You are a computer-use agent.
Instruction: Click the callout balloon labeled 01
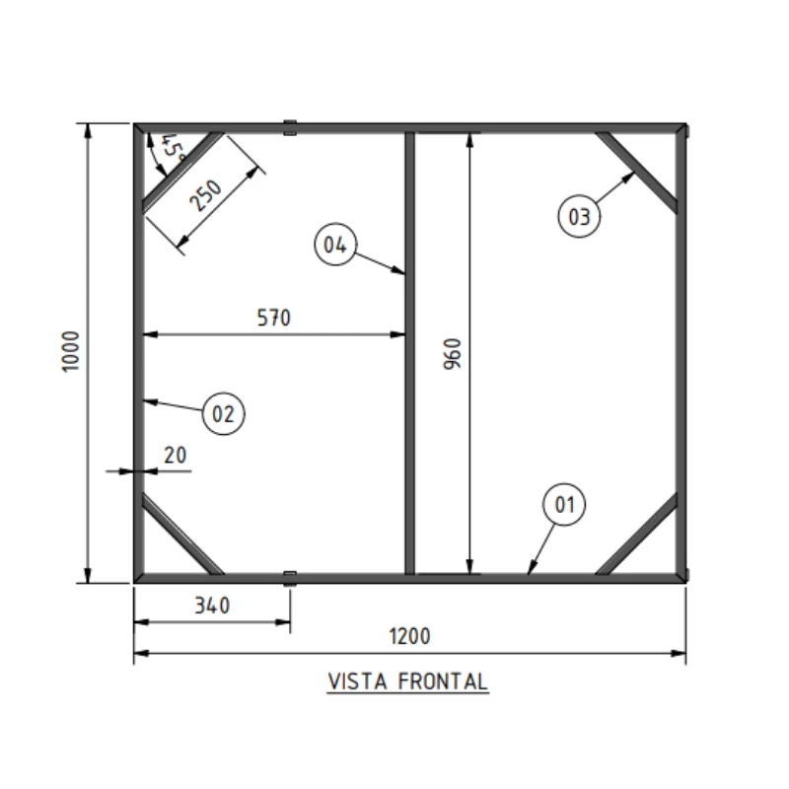(564, 504)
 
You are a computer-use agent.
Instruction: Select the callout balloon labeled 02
(224, 413)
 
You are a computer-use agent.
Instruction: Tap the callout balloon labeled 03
(579, 216)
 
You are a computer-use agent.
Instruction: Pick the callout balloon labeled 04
(335, 245)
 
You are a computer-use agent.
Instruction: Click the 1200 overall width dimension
(409, 636)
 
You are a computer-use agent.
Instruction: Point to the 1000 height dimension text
(70, 351)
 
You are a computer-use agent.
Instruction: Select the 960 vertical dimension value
(452, 354)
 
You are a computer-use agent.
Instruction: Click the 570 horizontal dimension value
(274, 318)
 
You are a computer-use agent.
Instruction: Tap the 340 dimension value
(212, 606)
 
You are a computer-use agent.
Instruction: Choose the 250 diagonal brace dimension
(205, 195)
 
